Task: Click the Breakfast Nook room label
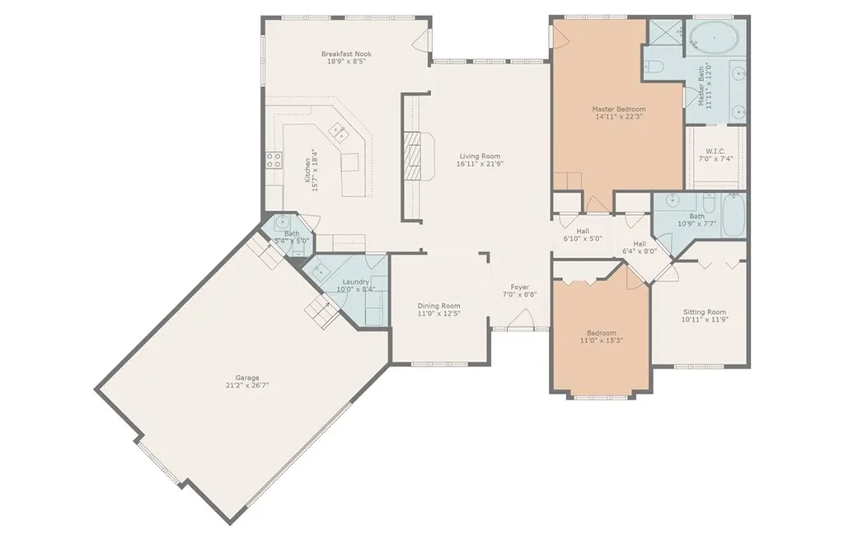(x=346, y=54)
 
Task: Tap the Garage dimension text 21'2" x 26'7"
(x=247, y=385)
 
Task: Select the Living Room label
(x=480, y=156)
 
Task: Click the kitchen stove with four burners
(x=274, y=159)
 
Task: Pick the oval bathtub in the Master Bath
(x=715, y=38)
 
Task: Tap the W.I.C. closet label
(x=716, y=151)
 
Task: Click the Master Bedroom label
(x=618, y=110)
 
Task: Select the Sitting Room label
(x=705, y=312)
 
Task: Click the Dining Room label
(x=438, y=306)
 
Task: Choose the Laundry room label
(x=356, y=281)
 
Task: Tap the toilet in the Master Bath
(x=653, y=68)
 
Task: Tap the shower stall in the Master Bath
(x=666, y=32)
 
